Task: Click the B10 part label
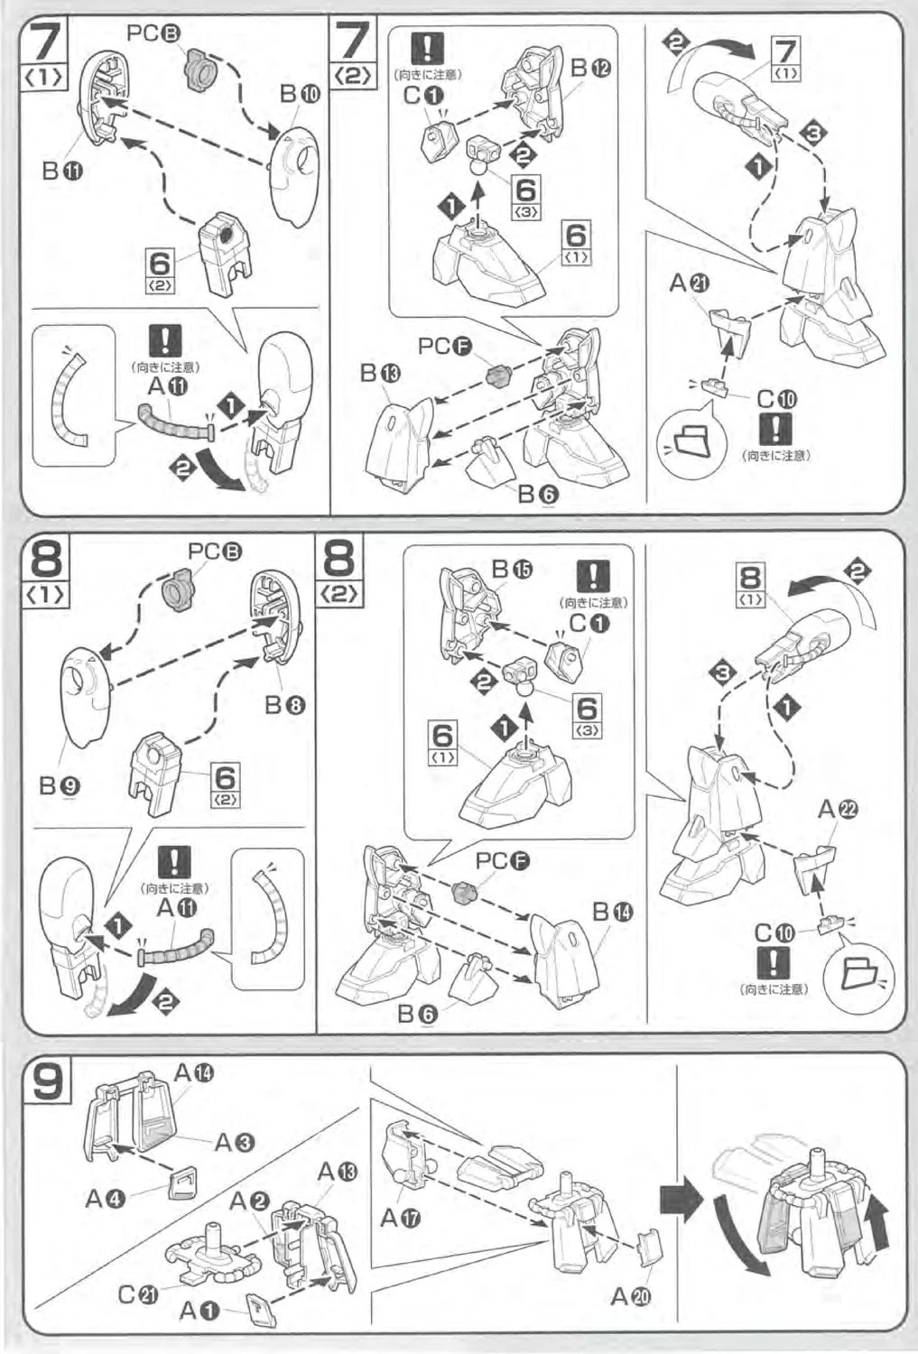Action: click(x=300, y=94)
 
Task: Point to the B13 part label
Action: click(x=379, y=373)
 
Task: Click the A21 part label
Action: click(x=690, y=283)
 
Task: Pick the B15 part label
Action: click(x=512, y=569)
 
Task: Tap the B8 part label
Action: click(x=283, y=705)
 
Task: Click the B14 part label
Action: click(x=613, y=913)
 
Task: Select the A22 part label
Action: click(x=837, y=810)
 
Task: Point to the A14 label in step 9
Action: click(x=194, y=1073)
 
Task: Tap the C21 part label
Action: click(x=138, y=1294)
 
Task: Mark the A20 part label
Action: click(x=631, y=1296)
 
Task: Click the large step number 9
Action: click(x=48, y=1081)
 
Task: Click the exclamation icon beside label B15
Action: click(x=592, y=576)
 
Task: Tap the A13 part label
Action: click(x=338, y=1172)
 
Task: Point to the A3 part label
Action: click(x=235, y=1142)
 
